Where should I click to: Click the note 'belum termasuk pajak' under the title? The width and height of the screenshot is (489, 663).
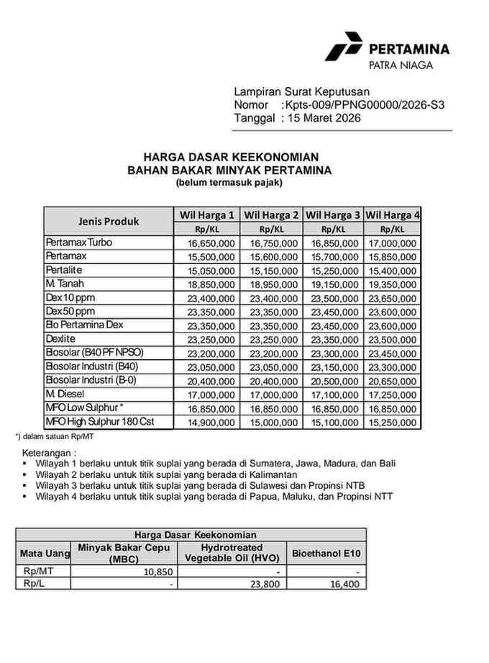coord(229,183)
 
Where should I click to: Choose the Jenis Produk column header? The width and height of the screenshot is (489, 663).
coord(109,221)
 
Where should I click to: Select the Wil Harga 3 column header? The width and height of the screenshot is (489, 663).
coord(333,215)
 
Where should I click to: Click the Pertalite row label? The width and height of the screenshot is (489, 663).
coord(66,270)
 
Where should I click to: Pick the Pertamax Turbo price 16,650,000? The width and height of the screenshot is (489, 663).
coord(206,243)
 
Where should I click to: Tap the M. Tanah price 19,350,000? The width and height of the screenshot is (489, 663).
coord(393,285)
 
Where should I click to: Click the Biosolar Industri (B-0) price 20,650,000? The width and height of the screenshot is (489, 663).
coord(393,381)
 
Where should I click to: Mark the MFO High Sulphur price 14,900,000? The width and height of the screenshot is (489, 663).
coord(206,422)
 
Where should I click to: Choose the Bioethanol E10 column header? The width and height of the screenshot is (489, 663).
coord(326,554)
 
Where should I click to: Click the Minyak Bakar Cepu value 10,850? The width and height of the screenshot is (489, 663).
coord(157,572)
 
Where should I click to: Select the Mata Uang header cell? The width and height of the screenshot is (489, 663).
coord(44,554)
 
